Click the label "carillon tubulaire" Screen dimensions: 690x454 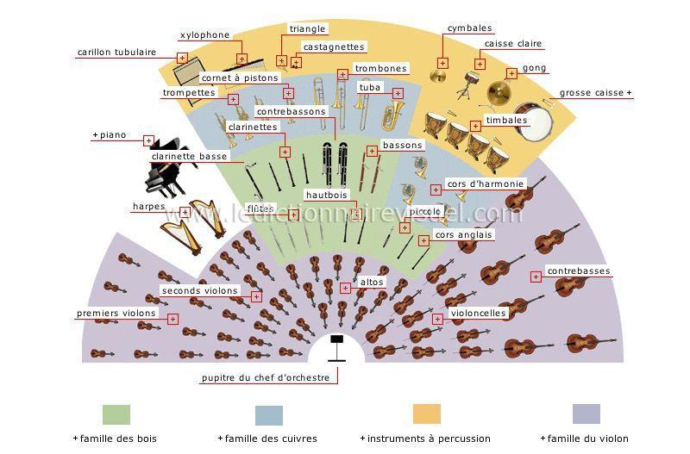[x=116, y=52]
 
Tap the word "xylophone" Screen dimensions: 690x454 [x=205, y=35]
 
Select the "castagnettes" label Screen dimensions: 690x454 [x=334, y=47]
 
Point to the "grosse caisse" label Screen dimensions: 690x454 [x=592, y=93]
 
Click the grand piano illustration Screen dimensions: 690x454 [x=165, y=167]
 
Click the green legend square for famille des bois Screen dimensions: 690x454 [x=116, y=414]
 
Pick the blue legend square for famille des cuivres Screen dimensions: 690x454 [x=269, y=415]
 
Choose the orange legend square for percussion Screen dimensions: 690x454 [x=427, y=414]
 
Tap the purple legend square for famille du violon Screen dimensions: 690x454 [x=586, y=414]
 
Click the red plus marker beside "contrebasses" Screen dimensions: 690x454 [x=536, y=277]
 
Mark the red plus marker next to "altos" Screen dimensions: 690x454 [x=346, y=288]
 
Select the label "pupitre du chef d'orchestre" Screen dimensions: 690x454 [x=266, y=377]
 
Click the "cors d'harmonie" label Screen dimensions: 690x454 [x=486, y=183]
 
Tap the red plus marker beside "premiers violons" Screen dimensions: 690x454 [x=173, y=319]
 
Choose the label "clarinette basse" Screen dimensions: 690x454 [x=190, y=157]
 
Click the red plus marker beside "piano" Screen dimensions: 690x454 [x=148, y=140]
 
